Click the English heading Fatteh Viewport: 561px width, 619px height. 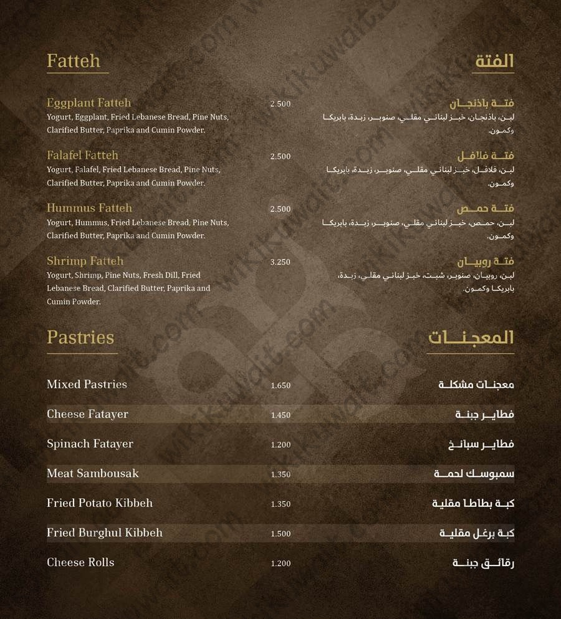[74, 61]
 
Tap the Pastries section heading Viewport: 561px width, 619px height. [80, 338]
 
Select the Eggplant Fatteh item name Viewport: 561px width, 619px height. [89, 103]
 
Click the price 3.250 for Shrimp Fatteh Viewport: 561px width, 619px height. [280, 262]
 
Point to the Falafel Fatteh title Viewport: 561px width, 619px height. [82, 156]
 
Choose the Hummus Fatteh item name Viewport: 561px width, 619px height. [89, 208]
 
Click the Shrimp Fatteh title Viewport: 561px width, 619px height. [85, 261]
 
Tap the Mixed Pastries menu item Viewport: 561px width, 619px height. [87, 384]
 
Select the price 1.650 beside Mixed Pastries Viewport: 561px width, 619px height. [280, 385]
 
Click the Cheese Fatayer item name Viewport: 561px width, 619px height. [87, 414]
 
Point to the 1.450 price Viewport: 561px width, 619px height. [280, 415]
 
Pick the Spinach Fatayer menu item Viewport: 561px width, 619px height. [90, 444]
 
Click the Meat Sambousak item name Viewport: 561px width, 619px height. [93, 473]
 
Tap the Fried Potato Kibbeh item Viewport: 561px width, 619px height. [100, 503]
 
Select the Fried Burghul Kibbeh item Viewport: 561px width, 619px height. [105, 532]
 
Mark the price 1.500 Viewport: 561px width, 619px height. [280, 534]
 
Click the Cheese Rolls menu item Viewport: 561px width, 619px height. [80, 562]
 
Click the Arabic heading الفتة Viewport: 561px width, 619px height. [494, 61]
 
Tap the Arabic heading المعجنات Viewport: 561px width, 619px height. [471, 338]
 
